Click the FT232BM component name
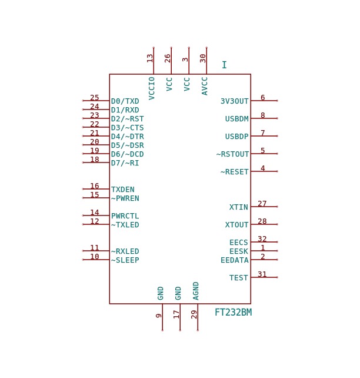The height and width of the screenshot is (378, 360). pos(233,312)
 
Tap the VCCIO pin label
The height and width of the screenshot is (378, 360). pos(151,88)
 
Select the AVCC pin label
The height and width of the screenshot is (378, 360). pos(205,86)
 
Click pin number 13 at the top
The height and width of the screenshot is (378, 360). pos(150,58)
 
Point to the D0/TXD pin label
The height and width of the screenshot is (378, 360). pos(125,101)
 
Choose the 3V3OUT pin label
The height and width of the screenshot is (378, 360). pos(235,101)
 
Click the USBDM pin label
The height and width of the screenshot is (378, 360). pos(236,119)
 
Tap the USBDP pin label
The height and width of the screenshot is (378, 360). pos(236,137)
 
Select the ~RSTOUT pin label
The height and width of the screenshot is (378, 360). pos(232,154)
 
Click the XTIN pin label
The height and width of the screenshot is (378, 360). pos(239,207)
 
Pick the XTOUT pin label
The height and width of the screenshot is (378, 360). pos(236,225)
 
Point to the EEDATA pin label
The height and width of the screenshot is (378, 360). pos(235,260)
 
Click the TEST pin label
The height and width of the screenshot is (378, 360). pos(239,278)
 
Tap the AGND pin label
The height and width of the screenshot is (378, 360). pos(196,291)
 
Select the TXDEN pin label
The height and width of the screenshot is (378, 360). pos(123,190)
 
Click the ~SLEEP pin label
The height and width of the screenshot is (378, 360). pos(125,260)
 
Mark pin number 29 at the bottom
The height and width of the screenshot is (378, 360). pos(194,314)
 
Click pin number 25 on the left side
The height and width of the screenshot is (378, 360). pos(94,97)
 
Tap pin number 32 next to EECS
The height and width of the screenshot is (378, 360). pos(262,238)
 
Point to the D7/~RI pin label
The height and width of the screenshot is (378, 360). pos(125,163)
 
